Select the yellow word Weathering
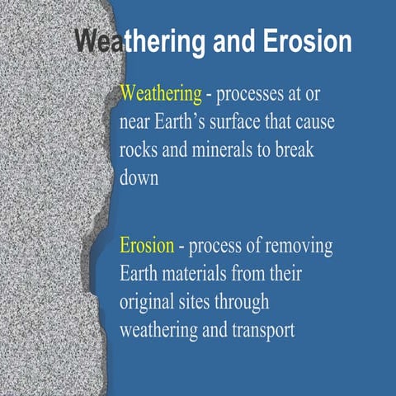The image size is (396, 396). point(161,93)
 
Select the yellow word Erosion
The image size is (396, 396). point(147,245)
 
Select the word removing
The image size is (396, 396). point(295,245)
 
